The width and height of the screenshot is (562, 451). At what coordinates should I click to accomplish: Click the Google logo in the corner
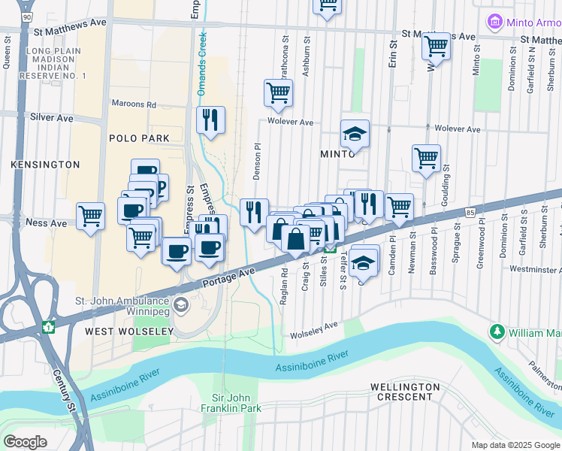pyautogui.click(x=25, y=442)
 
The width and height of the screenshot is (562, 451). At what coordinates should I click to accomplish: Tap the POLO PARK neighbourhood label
pyautogui.click(x=139, y=138)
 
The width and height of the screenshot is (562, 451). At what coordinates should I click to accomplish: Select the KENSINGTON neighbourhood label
pyautogui.click(x=45, y=164)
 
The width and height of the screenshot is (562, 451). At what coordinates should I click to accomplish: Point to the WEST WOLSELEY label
pyautogui.click(x=122, y=331)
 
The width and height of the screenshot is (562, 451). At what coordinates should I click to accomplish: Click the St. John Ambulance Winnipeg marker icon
pyautogui.click(x=180, y=304)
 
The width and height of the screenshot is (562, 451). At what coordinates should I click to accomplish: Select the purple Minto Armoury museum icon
pyautogui.click(x=494, y=22)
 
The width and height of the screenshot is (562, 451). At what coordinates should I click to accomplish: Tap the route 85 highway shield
pyautogui.click(x=469, y=213)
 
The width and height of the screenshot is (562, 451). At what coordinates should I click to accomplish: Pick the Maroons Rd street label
pyautogui.click(x=134, y=104)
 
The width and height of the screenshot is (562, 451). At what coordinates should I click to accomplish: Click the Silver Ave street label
pyautogui.click(x=51, y=118)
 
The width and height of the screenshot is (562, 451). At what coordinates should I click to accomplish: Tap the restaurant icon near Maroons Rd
pyautogui.click(x=210, y=120)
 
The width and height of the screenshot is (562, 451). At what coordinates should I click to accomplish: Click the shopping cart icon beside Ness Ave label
pyautogui.click(x=90, y=216)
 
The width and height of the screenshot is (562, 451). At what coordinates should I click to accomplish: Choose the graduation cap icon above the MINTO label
pyautogui.click(x=355, y=134)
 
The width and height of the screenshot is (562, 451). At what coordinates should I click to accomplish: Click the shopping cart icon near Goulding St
pyautogui.click(x=426, y=159)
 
